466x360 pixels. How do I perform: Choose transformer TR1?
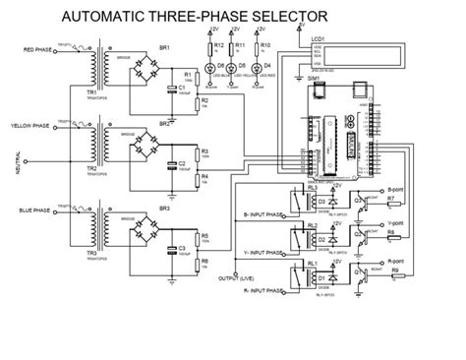pyautogui.click(x=92, y=70)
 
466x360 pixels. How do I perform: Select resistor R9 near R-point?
pyautogui.click(x=395, y=271)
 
